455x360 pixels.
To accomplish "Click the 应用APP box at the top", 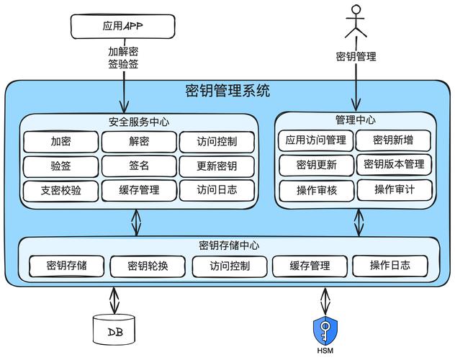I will [123, 27].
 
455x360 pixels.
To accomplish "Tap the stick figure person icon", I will [355, 22].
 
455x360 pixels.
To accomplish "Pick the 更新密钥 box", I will [217, 166].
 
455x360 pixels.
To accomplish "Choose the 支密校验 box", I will [60, 191].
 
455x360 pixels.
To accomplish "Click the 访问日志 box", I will [217, 191].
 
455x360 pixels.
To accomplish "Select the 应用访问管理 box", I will [315, 140].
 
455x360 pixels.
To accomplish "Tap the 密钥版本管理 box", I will [394, 164].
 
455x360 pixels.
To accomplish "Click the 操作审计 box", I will [394, 189].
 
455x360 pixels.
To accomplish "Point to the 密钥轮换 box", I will [148, 266].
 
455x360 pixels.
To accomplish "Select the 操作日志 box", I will [390, 266].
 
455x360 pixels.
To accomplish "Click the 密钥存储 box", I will [66, 266].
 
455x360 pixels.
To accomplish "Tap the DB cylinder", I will [114, 330].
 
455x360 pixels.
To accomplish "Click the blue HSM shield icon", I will [325, 330].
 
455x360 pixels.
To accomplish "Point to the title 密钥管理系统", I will [227, 91].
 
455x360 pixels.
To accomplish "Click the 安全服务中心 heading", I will [139, 122].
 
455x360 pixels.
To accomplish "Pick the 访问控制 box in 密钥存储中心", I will [230, 266].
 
